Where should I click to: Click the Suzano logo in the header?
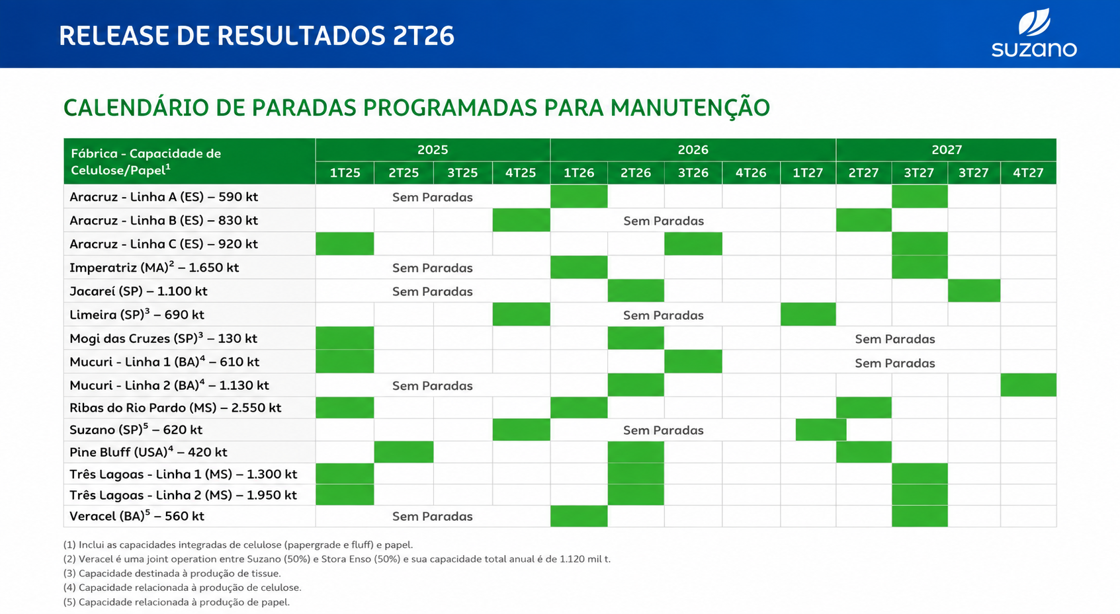(1034, 33)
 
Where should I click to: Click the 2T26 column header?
(636, 173)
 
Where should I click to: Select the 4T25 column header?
(521, 173)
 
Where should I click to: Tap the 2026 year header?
(693, 149)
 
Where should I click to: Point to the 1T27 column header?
(808, 173)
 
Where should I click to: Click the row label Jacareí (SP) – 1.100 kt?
(138, 291)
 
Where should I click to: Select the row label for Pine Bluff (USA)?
(148, 452)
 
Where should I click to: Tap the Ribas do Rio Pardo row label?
(175, 408)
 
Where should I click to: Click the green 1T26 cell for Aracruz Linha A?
(579, 196)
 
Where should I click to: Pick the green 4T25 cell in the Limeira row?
(521, 314)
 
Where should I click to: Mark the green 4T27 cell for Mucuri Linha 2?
(1029, 385)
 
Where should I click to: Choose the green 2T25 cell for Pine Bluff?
(404, 451)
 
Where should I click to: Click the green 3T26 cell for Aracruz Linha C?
(693, 243)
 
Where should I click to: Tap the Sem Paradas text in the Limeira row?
(663, 315)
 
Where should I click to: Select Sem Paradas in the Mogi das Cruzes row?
(894, 339)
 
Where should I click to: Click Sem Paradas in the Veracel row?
(433, 516)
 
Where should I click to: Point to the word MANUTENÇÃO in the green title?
(690, 108)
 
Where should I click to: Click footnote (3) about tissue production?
(172, 573)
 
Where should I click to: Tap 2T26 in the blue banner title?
(423, 36)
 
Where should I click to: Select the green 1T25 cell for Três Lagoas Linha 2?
(345, 494)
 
